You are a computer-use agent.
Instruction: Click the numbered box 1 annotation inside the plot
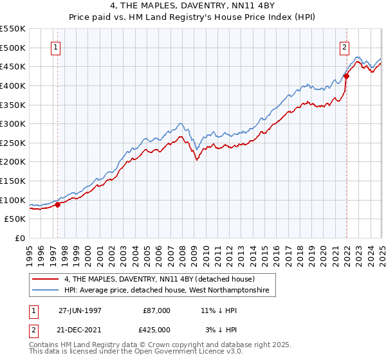(55, 47)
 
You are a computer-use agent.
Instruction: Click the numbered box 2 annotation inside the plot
(345, 47)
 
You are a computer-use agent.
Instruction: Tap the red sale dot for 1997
(57, 205)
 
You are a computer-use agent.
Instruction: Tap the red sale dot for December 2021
(346, 76)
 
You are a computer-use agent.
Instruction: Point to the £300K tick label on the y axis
(13, 123)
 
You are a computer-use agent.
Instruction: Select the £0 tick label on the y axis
(20, 238)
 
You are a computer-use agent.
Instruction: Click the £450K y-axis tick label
(13, 66)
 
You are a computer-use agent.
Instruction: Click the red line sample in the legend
(46, 279)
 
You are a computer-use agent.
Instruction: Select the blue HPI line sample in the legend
(46, 291)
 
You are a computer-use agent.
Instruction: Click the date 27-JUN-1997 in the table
(80, 310)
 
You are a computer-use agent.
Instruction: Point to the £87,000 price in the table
(157, 310)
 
